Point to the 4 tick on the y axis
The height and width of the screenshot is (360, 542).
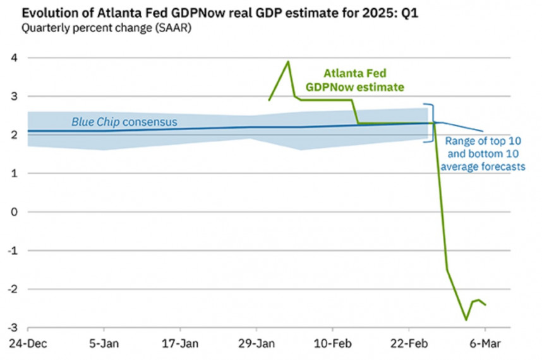[13, 58]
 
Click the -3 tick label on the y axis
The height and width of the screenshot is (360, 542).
[11, 328]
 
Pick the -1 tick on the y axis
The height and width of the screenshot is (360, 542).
[11, 251]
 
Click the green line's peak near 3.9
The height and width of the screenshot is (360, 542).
[289, 61]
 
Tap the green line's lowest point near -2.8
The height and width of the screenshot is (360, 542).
[466, 320]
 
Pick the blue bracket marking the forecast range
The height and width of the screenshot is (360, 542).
[431, 123]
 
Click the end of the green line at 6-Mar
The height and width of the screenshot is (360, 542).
[485, 304]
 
